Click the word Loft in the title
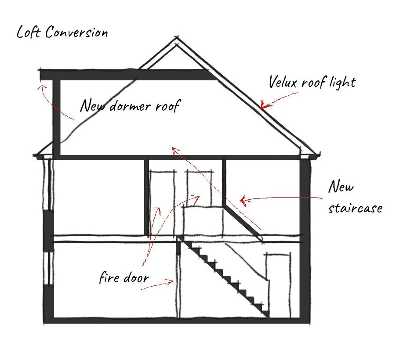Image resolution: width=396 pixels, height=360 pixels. [x=29, y=32]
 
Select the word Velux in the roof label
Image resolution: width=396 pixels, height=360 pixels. [x=284, y=82]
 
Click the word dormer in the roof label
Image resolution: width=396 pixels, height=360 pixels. [x=132, y=106]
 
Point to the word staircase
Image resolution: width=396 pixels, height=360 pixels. [x=355, y=207]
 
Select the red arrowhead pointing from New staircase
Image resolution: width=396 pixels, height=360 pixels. [x=242, y=201]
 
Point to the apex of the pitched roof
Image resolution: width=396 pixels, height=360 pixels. [x=177, y=39]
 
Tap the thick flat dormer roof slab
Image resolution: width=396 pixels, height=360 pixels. [x=127, y=75]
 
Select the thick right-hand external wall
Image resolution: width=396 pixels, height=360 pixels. [x=304, y=237]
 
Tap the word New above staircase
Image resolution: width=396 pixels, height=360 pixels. [x=341, y=187]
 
